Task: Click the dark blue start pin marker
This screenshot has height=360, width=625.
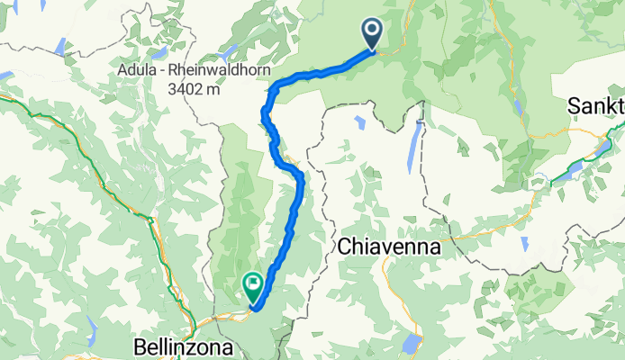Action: point(373,34)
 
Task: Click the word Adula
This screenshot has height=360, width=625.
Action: point(136,70)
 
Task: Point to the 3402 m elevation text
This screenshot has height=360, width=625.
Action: point(187,88)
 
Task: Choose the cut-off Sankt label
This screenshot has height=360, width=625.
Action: point(595,106)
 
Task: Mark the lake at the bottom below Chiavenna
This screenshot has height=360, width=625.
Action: point(412,343)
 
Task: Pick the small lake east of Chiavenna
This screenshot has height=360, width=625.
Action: point(524,243)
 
